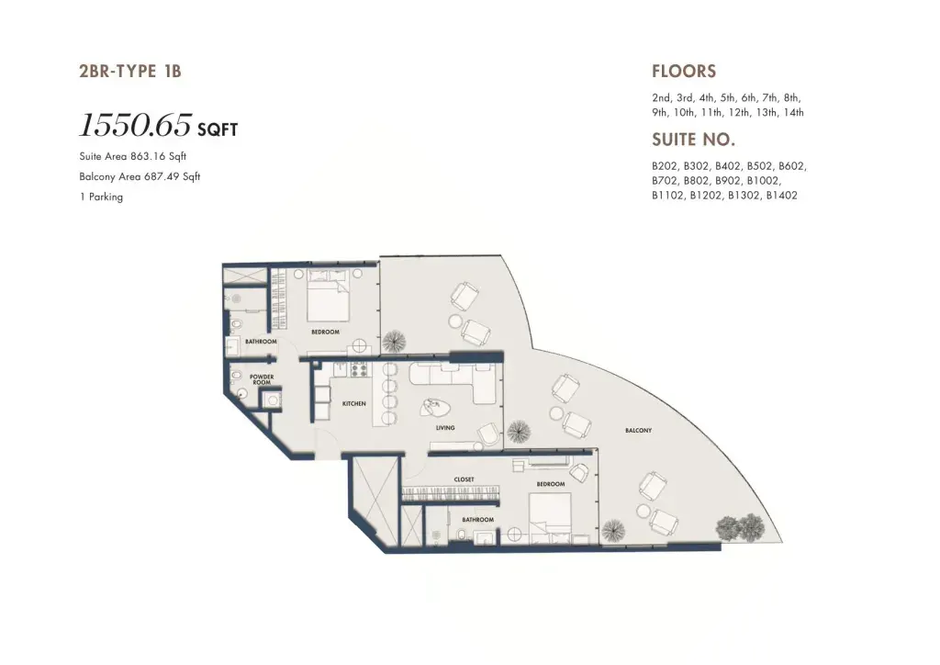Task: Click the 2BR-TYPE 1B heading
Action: [x=130, y=72]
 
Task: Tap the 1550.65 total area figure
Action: [x=136, y=125]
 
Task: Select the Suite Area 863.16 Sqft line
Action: [x=133, y=156]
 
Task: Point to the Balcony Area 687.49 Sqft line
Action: [x=140, y=177]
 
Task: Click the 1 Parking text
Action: [x=101, y=197]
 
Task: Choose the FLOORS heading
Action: [x=684, y=72]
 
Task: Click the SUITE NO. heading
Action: [x=694, y=140]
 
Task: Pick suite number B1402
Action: [x=782, y=195]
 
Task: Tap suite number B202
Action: [x=665, y=166]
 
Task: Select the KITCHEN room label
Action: [x=353, y=403]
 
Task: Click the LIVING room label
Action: [x=445, y=427]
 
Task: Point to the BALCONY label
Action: [x=639, y=430]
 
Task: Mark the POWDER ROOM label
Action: [x=262, y=379]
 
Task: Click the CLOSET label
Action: [x=464, y=479]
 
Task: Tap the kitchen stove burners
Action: [x=359, y=368]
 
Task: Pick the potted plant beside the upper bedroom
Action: [x=393, y=342]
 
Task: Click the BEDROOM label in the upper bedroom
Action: [x=326, y=332]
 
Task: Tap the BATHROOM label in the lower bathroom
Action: [x=477, y=519]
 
